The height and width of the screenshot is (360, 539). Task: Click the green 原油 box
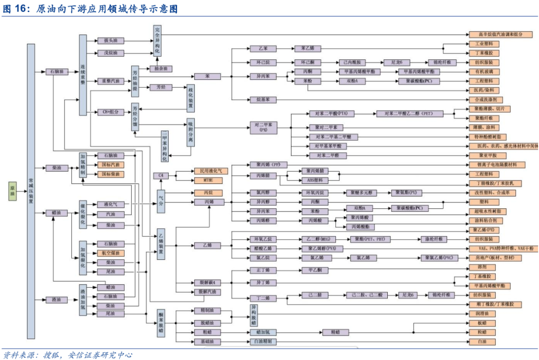click(13, 190)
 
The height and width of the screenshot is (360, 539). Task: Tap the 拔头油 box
click(110, 40)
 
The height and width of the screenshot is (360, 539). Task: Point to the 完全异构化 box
click(157, 40)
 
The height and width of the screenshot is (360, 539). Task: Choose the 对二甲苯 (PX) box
click(263, 127)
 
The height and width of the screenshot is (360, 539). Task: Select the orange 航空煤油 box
click(110, 253)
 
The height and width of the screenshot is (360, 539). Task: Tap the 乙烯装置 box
click(161, 244)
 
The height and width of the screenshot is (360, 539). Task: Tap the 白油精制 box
click(263, 342)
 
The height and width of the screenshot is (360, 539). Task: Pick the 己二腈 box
click(316, 295)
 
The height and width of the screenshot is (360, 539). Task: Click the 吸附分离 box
click(191, 133)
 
